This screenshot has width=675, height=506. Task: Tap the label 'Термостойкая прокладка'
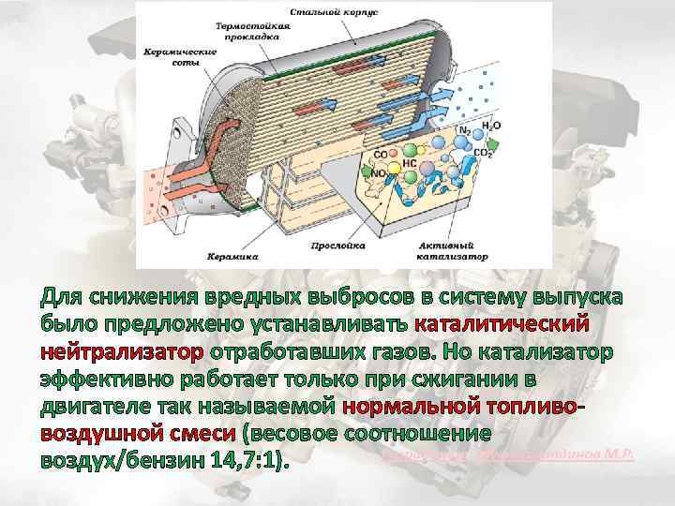coord(247,32)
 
